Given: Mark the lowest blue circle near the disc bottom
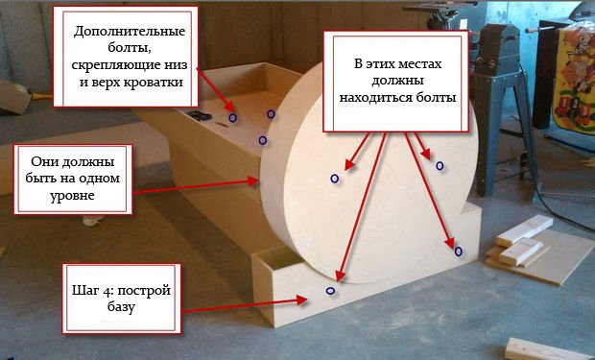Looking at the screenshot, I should click(330, 289).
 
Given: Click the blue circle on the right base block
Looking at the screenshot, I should click(458, 252).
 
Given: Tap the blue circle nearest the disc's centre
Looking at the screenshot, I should click(335, 179).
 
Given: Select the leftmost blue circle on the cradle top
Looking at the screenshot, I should click(232, 118).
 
